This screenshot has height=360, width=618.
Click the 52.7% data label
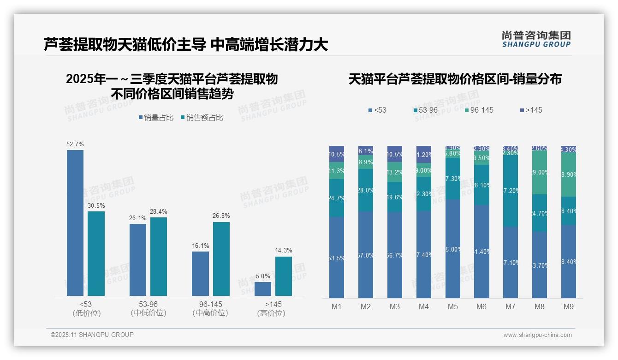point(75,144)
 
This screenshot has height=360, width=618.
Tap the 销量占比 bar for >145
point(263,288)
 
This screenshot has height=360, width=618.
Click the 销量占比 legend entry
point(155,118)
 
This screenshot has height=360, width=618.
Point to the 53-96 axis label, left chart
point(148,308)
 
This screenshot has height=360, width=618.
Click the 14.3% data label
point(284,251)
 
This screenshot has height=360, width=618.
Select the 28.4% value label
point(159,212)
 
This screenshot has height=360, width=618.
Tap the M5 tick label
point(453,306)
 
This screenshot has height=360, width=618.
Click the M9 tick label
point(568,306)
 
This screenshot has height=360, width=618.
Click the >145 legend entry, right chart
point(531,110)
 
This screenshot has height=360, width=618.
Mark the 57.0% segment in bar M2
point(366,255)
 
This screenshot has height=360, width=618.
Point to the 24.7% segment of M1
point(337,198)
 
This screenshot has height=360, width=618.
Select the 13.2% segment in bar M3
point(395,172)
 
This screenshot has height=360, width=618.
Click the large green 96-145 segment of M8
point(540,173)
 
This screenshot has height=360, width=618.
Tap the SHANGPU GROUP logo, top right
point(536,39)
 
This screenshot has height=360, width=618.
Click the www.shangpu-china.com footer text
point(537,335)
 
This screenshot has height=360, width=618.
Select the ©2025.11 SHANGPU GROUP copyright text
point(92,335)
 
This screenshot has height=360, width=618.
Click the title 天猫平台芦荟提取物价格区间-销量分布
point(455,79)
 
